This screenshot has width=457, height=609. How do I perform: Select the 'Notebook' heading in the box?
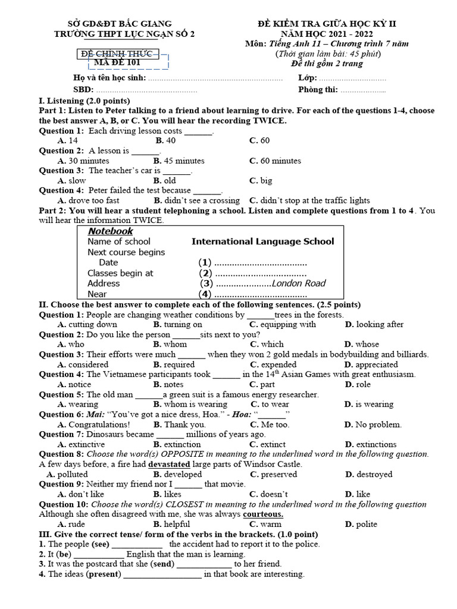110,231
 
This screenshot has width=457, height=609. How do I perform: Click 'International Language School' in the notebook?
262,241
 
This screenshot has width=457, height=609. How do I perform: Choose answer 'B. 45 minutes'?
179,161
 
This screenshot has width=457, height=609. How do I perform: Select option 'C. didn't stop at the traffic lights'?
309,200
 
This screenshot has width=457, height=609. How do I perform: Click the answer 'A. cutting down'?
87,324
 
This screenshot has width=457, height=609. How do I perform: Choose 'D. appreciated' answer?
371,365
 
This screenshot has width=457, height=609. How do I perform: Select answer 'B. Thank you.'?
179,425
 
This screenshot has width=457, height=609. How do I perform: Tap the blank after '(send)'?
204,564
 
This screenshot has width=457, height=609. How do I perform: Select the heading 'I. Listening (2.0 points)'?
84,101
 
